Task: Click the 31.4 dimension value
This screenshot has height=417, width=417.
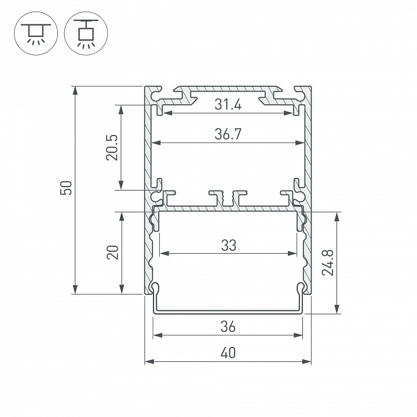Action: click(x=228, y=105)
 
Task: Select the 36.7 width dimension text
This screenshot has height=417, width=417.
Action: click(x=228, y=134)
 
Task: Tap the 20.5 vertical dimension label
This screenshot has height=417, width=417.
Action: click(x=112, y=147)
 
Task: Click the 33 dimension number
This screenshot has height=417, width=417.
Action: click(x=228, y=245)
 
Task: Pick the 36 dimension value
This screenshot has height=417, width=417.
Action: click(x=228, y=327)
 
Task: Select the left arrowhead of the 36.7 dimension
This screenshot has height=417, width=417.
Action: click(x=155, y=142)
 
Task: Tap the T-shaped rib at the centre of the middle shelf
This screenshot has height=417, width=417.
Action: click(x=227, y=197)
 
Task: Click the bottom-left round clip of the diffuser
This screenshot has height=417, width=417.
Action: click(x=155, y=287)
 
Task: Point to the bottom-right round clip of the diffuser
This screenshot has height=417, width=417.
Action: click(x=301, y=287)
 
